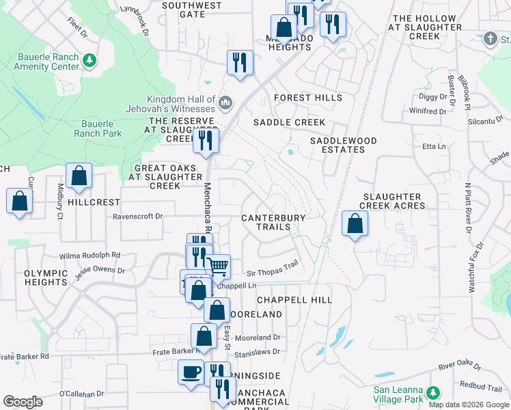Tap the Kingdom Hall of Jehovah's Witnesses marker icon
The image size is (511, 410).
[x=225, y=104]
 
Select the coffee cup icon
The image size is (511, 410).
[x=191, y=372]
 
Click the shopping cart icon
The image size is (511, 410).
[x=218, y=266]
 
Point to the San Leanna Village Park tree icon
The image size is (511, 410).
[x=432, y=393]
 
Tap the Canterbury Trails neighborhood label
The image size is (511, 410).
[x=273, y=222]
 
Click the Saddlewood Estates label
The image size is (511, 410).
[x=343, y=145]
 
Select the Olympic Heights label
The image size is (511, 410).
[x=46, y=277]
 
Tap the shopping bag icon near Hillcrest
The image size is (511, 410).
[x=79, y=175]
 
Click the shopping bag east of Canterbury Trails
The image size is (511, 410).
[x=355, y=223]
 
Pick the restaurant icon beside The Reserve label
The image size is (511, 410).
[x=205, y=140]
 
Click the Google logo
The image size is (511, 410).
[x=23, y=402]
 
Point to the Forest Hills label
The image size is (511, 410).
[x=307, y=98]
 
